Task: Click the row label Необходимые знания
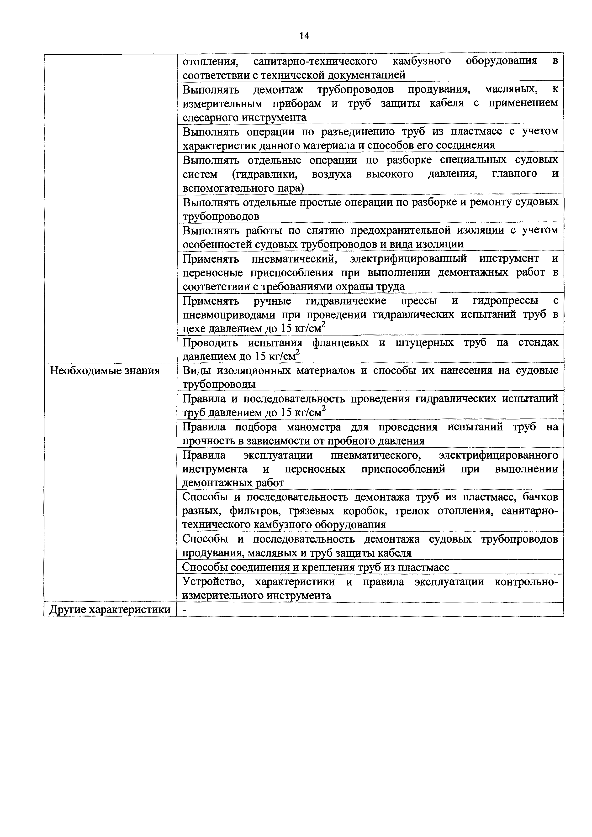click(x=105, y=371)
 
